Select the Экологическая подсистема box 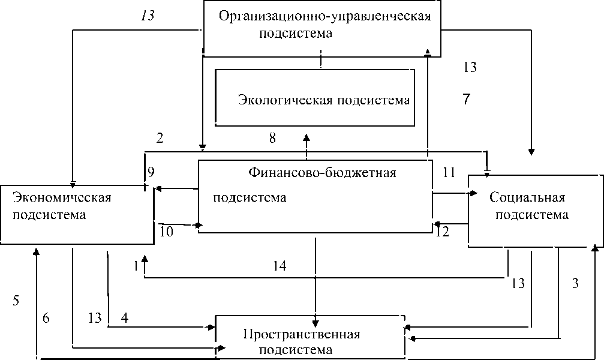314,97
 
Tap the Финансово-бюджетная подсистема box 315,196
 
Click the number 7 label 466,100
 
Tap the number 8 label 272,139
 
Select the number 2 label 160,138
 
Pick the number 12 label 442,232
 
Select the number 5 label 16,301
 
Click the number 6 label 46,318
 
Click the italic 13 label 148,16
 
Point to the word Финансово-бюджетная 322,173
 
